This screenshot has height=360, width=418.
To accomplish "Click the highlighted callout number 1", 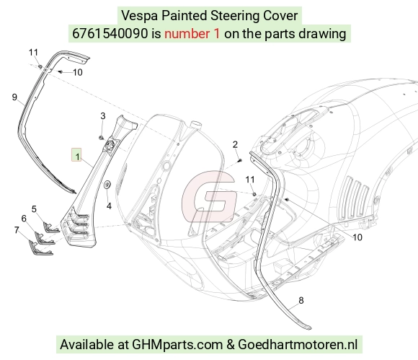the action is [77, 157].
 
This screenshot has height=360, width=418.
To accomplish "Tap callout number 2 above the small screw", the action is [235, 144].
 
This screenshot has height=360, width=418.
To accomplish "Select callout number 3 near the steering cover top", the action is [103, 116].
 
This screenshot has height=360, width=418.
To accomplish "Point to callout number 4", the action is [109, 206].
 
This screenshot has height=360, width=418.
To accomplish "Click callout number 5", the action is [34, 209].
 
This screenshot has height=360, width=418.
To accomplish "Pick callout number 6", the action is [24, 219].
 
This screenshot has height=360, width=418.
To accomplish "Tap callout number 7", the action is [17, 229].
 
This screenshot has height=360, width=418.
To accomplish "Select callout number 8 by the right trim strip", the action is [301, 301].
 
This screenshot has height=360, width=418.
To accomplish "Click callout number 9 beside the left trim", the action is [14, 97].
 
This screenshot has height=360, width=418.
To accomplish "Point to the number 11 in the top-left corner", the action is [33, 53].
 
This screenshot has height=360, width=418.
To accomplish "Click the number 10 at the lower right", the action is [357, 237].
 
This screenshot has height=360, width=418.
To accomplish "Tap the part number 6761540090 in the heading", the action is [110, 34].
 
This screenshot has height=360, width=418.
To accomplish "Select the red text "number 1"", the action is [192, 34].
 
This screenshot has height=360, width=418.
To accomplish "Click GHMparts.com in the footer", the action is [177, 345].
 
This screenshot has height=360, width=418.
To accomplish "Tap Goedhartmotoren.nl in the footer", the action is [298, 344].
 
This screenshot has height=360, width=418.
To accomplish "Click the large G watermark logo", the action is [210, 197].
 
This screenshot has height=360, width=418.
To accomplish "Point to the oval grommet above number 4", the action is [107, 185].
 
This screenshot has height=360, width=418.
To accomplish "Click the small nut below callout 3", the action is [101, 138].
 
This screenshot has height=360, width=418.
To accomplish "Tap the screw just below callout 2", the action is [240, 160].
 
